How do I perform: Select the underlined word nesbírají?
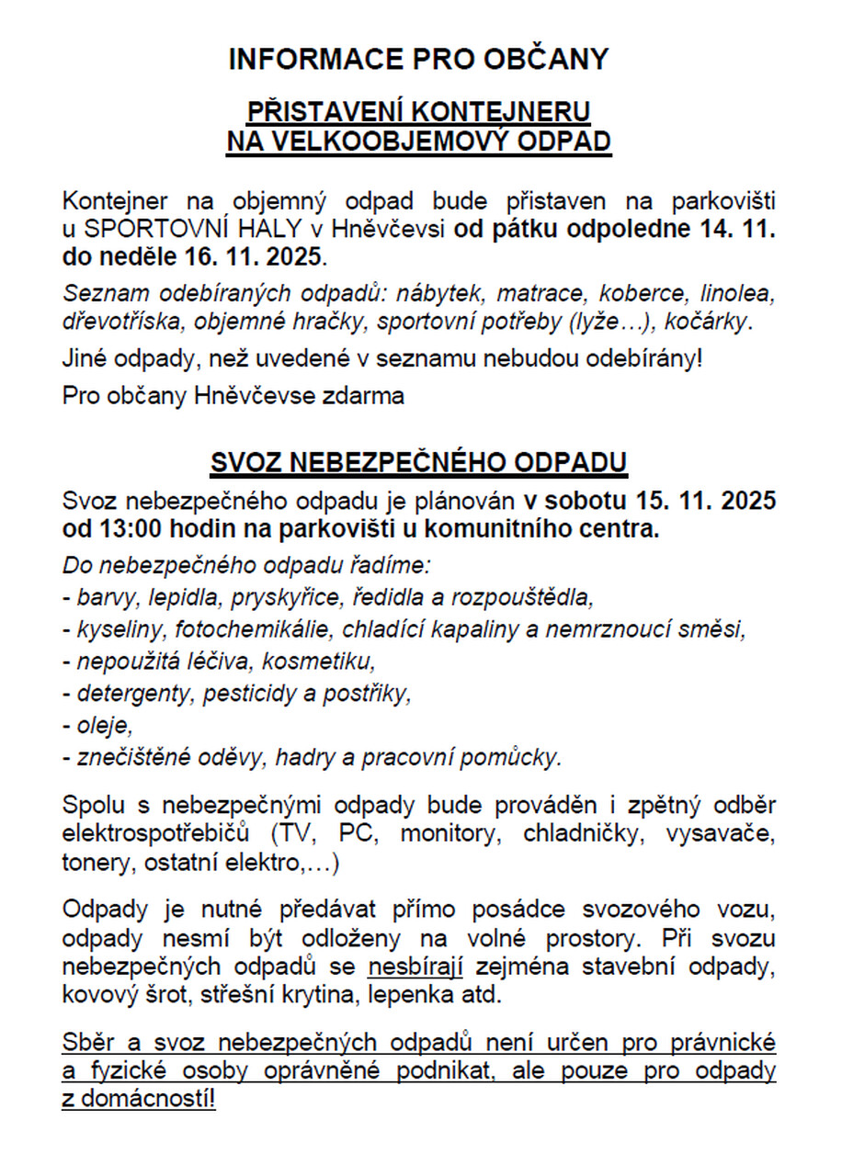pyautogui.click(x=415, y=968)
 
